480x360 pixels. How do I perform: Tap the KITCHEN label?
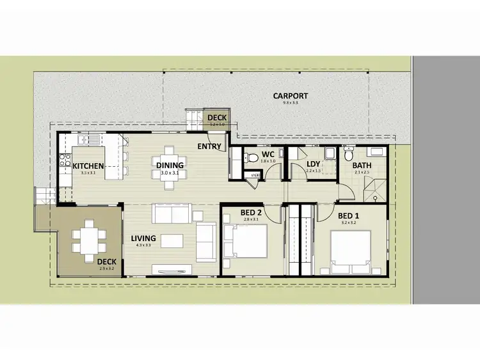click(88, 166)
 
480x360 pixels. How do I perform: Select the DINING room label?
click(170, 166)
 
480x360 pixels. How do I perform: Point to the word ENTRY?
click(210, 147)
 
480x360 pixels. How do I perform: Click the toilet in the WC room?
click(252, 157)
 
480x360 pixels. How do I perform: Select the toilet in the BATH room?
click(349, 155)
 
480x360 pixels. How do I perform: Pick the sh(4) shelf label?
click(254, 175)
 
